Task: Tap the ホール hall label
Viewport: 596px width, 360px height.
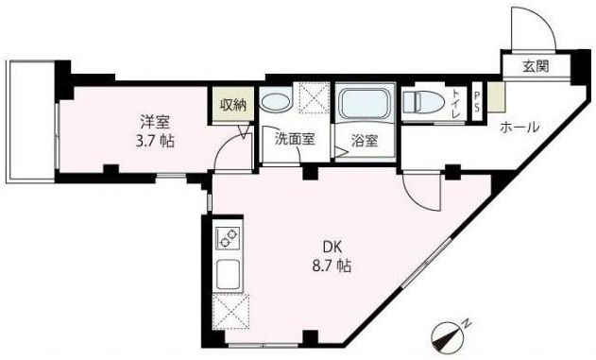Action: click(x=519, y=128)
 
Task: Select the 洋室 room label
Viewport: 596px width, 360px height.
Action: click(x=156, y=121)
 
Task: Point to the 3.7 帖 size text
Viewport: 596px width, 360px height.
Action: click(x=156, y=140)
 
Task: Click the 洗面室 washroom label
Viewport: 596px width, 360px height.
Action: click(x=294, y=138)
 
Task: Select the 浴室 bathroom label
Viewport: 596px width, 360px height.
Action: click(x=365, y=141)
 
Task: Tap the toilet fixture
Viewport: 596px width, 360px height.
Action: click(x=423, y=101)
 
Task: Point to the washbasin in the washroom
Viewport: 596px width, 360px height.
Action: click(x=277, y=98)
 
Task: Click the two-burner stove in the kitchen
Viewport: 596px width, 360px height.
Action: click(x=229, y=239)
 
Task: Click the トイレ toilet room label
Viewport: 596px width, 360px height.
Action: click(x=457, y=101)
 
